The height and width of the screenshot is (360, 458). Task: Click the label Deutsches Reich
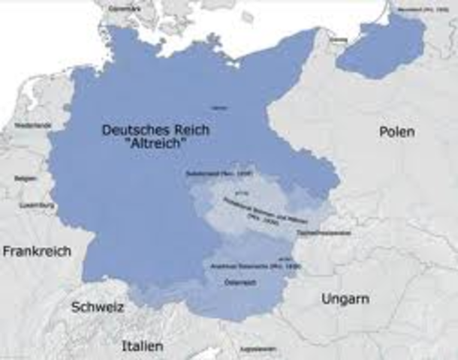tap(155, 130)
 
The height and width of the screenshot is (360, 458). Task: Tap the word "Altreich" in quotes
tap(155, 143)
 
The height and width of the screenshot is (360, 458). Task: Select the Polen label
tap(396, 131)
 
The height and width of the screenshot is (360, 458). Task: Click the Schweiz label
tap(98, 307)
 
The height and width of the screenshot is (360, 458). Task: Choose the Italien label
tap(142, 346)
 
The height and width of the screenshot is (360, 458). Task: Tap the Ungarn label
tap(345, 298)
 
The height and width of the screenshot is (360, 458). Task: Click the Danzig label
tap(339, 39)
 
